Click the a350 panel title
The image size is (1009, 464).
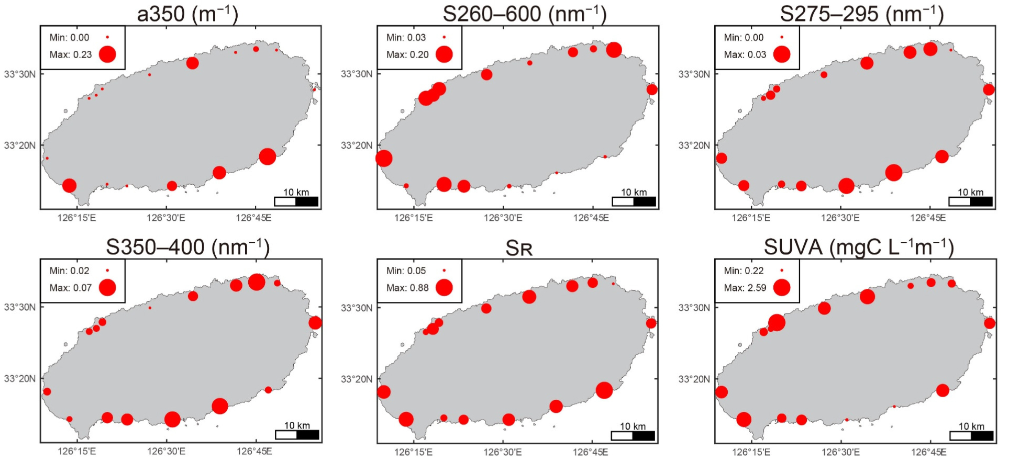point(188,13)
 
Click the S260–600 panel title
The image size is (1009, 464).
point(525,13)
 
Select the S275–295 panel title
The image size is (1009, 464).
point(862,13)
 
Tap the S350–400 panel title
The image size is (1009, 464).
point(188,247)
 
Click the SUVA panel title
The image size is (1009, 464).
point(859,247)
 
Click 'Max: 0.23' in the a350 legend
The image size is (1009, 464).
point(71,54)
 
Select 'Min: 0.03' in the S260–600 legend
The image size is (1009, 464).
point(406,37)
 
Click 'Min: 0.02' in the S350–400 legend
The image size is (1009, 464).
point(69,271)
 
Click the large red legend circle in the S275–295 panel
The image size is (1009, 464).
point(782,54)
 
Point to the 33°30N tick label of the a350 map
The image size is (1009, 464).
point(20,74)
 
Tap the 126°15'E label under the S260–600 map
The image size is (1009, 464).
point(413,218)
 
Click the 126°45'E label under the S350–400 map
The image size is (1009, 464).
point(254,451)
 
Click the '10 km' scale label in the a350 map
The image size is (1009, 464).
point(296,192)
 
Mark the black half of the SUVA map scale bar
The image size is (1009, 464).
point(982,435)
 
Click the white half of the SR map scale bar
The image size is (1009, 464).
point(622,435)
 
